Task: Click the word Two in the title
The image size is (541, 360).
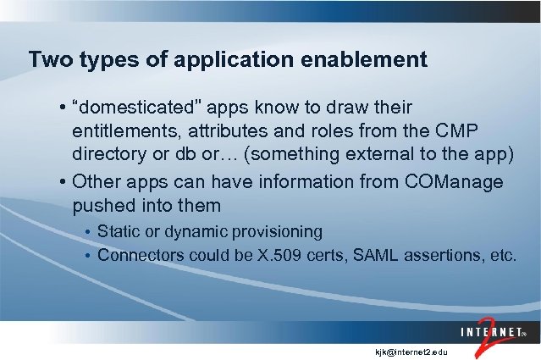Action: tap(47, 60)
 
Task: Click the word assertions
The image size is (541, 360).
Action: tap(420, 254)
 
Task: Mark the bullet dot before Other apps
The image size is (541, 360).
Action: tap(63, 181)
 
